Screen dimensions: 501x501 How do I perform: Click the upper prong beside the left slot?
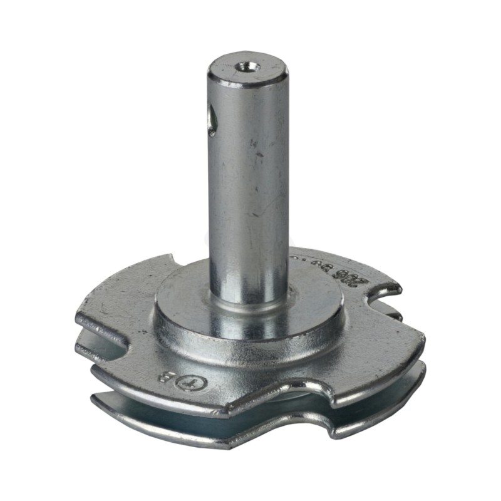click(x=100, y=319)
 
